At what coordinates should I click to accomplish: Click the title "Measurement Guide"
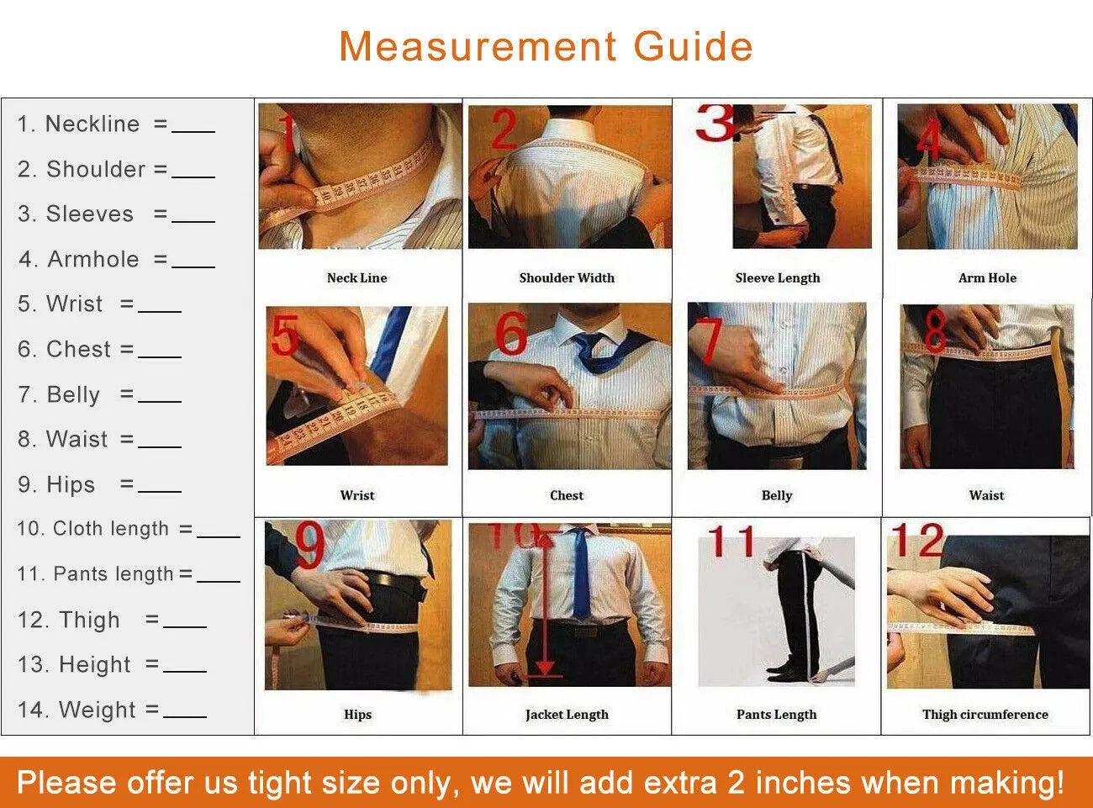point(546,46)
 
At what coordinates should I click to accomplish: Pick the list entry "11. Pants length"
point(96,574)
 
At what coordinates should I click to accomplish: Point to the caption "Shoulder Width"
point(567,277)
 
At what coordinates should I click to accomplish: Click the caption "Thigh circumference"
point(985,715)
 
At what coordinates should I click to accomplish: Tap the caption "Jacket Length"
point(567,715)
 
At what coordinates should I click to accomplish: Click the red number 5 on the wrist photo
point(285,336)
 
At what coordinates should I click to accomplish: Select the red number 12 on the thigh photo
point(917,540)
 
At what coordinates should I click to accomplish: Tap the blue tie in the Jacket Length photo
point(580,576)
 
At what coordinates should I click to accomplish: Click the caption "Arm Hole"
point(987,277)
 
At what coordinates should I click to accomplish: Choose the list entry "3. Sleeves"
point(76,214)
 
